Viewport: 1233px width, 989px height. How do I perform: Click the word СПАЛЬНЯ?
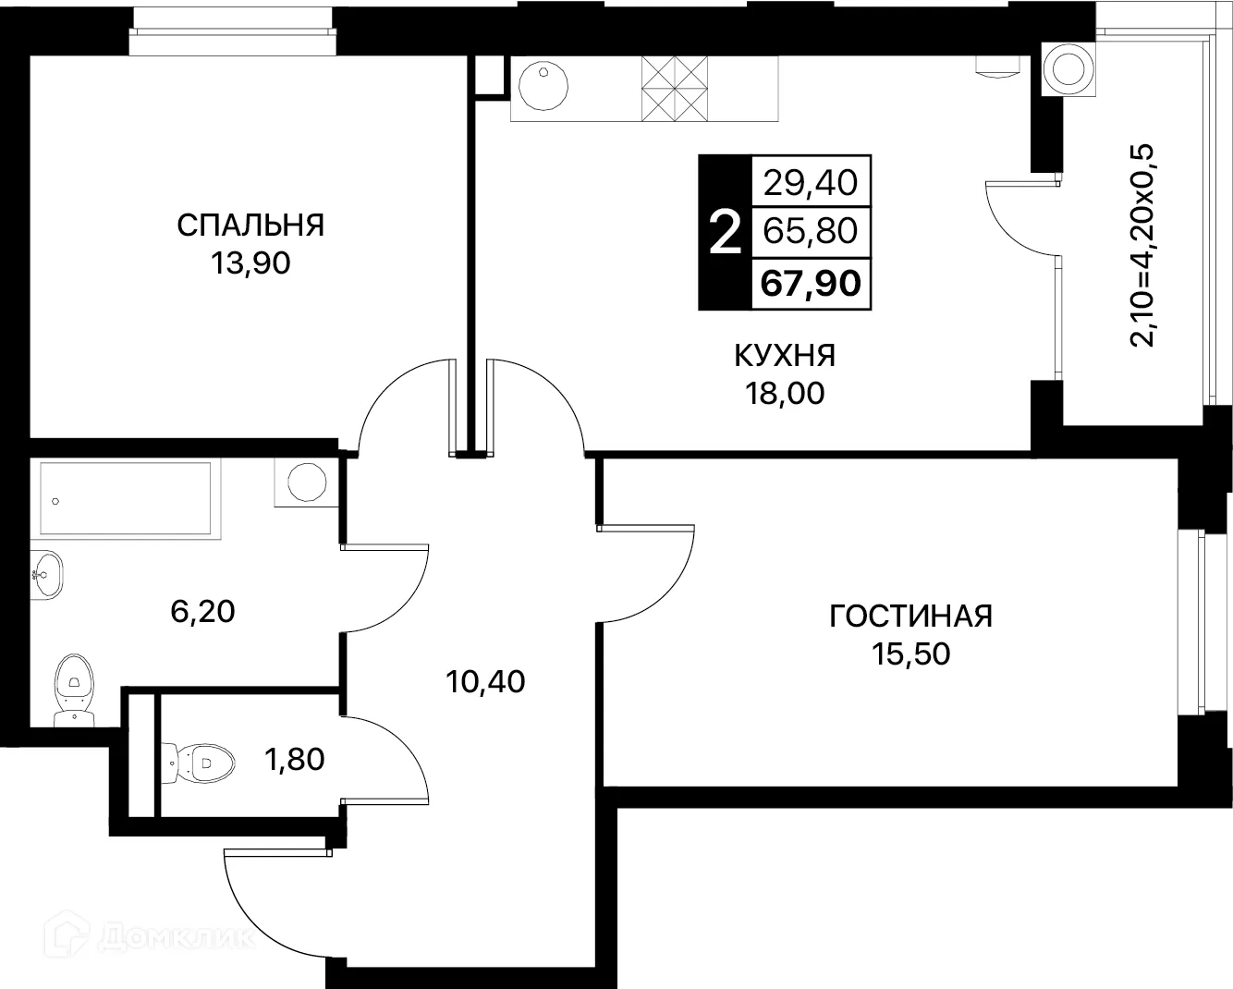[250, 225]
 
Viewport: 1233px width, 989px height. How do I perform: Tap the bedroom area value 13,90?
[250, 263]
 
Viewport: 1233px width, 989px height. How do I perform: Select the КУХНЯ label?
[785, 355]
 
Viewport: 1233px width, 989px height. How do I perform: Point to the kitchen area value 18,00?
[785, 394]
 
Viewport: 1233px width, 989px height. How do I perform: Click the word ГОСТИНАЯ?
[910, 616]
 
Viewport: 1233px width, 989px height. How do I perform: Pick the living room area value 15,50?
[910, 654]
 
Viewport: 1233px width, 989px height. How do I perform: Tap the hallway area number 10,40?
[484, 682]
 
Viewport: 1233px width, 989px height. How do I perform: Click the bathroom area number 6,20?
[202, 611]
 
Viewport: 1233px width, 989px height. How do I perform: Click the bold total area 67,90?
[811, 283]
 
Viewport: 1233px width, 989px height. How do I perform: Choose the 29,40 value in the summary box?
[811, 183]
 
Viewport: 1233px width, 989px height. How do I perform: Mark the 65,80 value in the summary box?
[811, 231]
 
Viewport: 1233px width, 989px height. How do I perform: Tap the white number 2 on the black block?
[724, 232]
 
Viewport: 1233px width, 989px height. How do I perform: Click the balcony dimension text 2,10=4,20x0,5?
[1142, 245]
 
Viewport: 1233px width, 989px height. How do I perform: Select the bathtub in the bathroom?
[125, 499]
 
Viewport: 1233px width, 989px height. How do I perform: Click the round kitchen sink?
[542, 88]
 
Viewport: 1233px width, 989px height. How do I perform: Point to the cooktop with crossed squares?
[676, 88]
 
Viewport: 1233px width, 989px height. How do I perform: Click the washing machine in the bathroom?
[305, 482]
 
